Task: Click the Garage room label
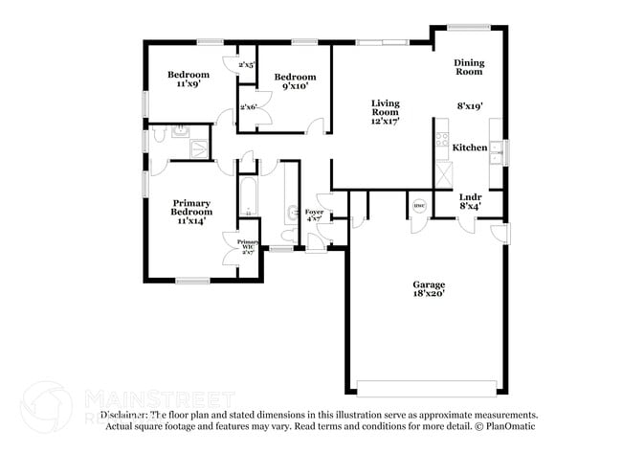[429, 289]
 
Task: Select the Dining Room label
[469, 67]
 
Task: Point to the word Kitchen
[470, 147]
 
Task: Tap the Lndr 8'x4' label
[470, 202]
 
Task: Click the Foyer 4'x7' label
[315, 215]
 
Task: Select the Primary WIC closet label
[248, 247]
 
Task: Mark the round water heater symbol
[418, 206]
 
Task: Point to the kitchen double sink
[496, 149]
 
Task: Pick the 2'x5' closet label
[247, 65]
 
